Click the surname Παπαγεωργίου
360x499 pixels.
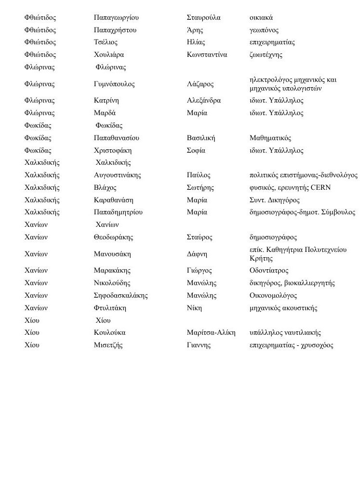[116, 18]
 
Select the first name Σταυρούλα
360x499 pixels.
[203, 18]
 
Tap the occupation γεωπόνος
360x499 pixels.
[264, 30]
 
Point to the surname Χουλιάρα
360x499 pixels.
[109, 55]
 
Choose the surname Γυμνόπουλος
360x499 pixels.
[114, 84]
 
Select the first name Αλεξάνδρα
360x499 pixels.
[203, 101]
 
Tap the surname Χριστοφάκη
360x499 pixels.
[113, 151]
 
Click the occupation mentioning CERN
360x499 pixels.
[290, 188]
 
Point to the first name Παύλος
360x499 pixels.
[199, 175]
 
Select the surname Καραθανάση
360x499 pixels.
[114, 200]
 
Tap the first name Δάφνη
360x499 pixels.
[197, 254]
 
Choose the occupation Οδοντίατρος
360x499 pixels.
[269, 271]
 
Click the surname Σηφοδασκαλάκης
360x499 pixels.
[121, 296]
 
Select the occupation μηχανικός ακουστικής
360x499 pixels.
[283, 308]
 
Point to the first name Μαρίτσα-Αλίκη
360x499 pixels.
[211, 333]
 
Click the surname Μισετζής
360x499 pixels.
[108, 345]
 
